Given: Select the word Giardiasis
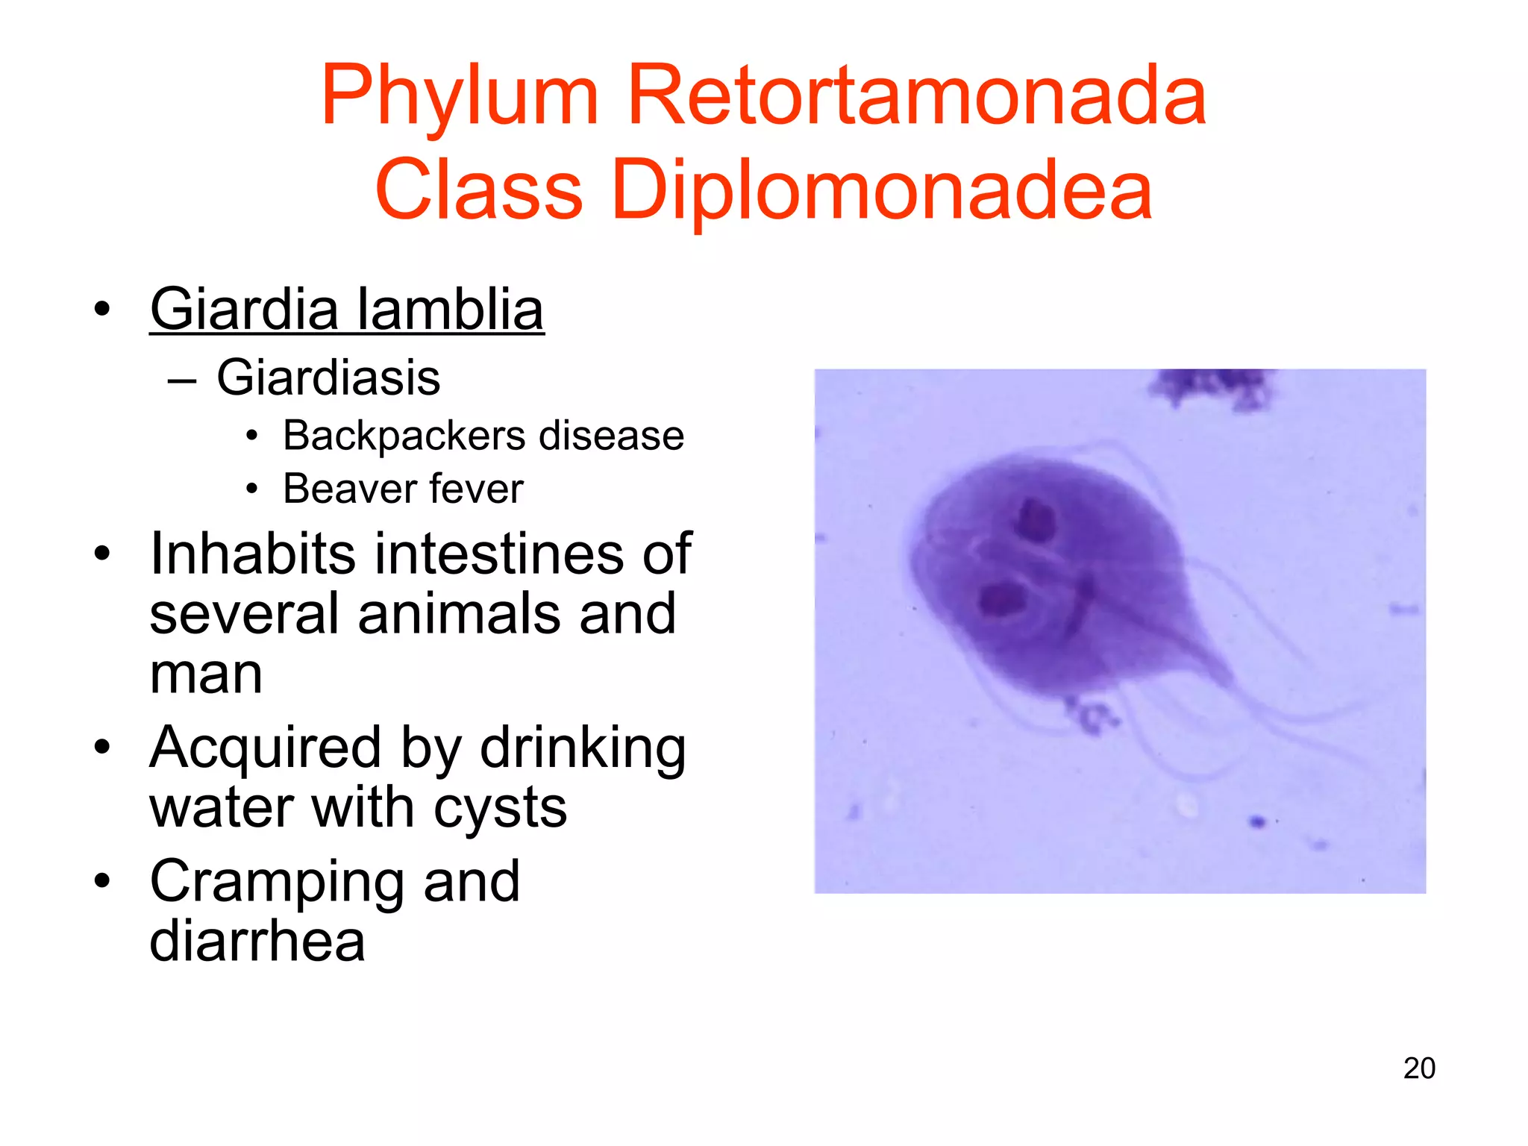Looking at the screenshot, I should click(x=328, y=378).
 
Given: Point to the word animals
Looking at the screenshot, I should click(x=459, y=613).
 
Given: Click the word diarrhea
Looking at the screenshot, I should click(x=257, y=942).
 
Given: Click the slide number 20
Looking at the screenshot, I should click(x=1418, y=1068).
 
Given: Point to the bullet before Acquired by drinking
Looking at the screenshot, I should click(x=102, y=747).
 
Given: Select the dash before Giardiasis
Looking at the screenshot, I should click(x=181, y=380).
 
